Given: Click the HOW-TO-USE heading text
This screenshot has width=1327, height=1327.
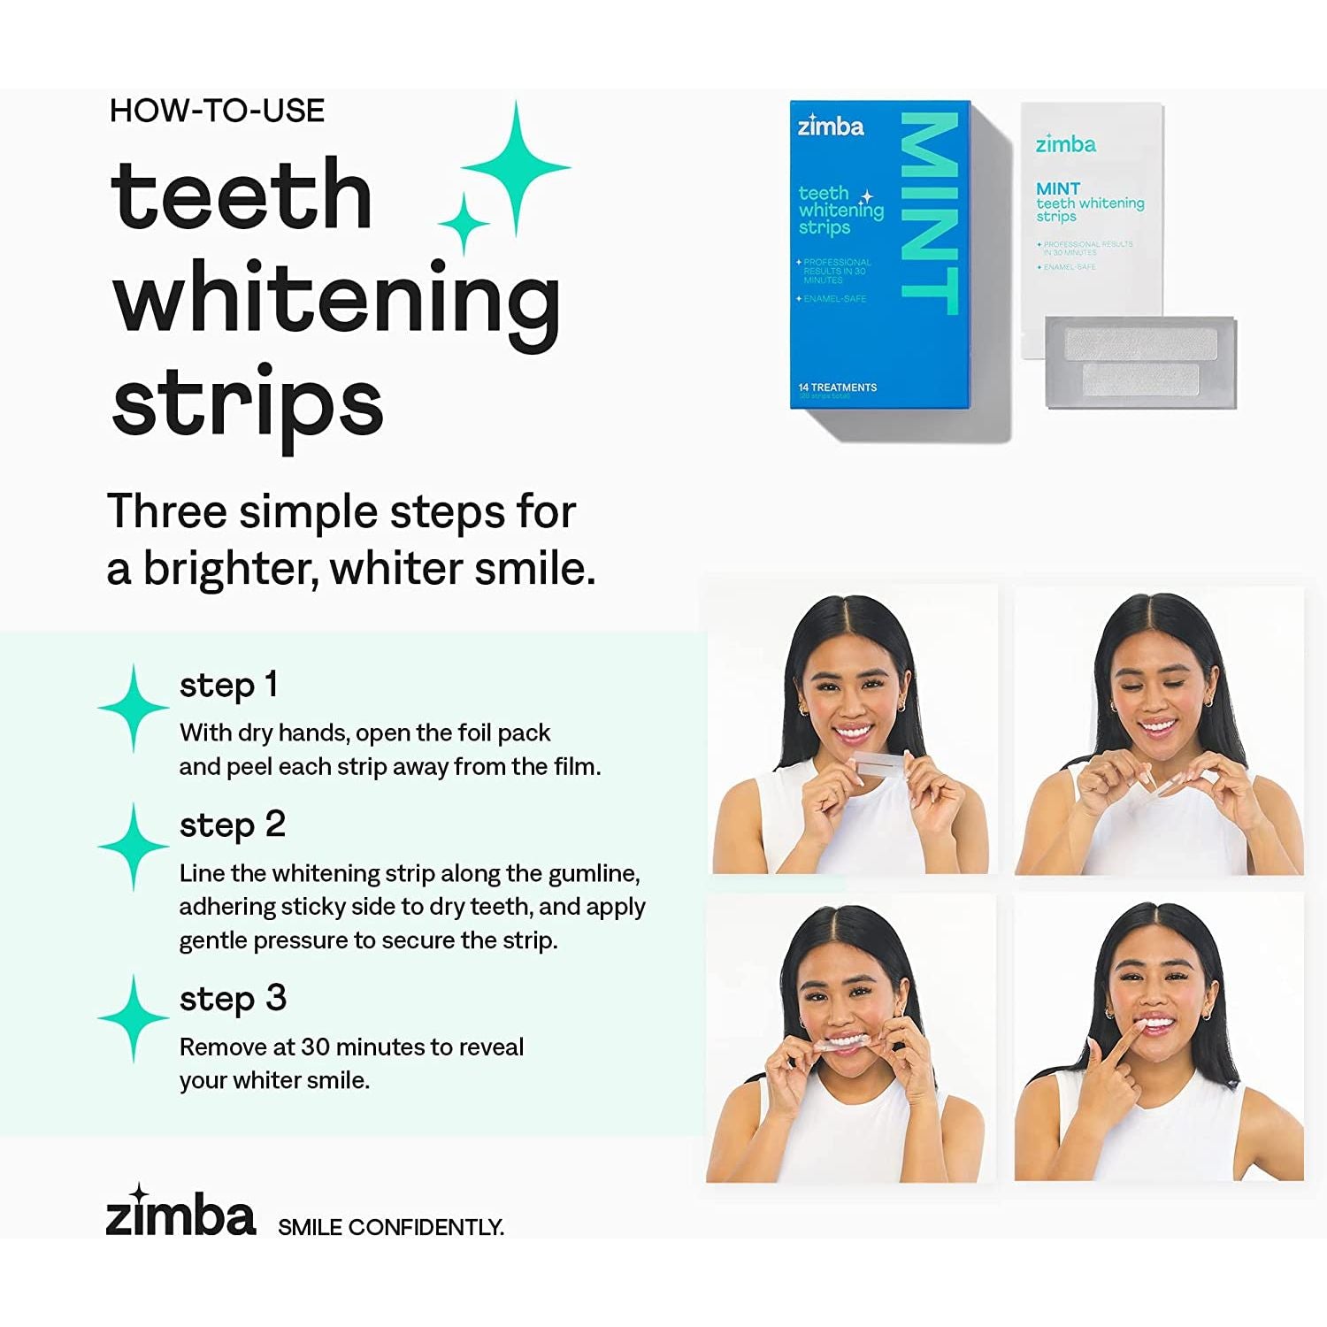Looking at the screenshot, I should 217,111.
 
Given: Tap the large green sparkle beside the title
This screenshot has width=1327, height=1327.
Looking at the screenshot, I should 516,166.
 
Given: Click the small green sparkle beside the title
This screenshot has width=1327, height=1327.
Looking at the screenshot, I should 463,224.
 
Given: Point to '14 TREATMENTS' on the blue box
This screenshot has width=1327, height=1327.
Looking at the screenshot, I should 837,387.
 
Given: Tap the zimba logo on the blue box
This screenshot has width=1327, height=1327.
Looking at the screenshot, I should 831,127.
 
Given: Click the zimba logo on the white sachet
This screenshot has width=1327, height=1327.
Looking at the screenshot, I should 1065,144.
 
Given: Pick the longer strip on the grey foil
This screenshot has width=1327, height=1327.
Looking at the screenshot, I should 1140,342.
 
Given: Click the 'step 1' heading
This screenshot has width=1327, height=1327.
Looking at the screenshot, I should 228,685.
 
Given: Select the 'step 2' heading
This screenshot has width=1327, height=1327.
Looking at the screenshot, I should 232,825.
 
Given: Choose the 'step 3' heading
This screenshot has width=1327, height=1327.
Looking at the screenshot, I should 233,999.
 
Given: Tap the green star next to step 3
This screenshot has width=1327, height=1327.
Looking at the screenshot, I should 133,1018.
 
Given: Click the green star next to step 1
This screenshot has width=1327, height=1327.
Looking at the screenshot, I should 133,708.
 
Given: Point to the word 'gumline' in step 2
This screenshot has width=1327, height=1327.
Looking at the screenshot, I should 592,874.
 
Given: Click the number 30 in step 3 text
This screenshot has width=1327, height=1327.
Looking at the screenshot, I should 316,1047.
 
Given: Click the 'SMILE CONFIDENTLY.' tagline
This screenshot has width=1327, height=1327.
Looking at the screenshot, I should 390,1227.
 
